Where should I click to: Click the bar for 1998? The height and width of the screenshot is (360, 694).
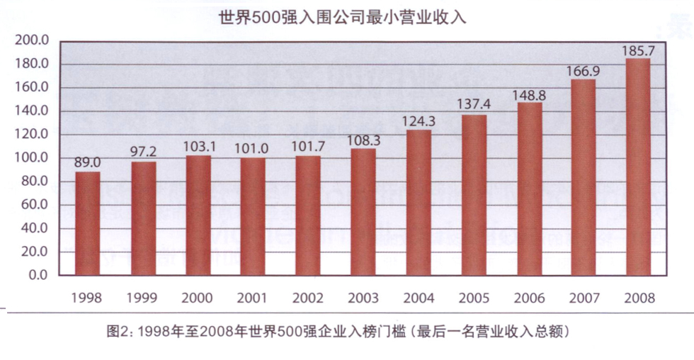(x=88, y=223)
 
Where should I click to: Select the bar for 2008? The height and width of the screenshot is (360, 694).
(x=637, y=167)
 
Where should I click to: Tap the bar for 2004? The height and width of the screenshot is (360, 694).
(x=418, y=203)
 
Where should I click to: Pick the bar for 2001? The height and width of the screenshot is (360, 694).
(x=253, y=216)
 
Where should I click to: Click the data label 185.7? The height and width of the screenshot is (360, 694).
(x=637, y=51)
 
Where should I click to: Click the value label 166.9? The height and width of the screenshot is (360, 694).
(x=582, y=71)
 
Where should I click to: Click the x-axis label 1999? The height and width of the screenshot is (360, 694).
(x=143, y=298)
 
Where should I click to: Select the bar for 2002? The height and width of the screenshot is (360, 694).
(x=308, y=215)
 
